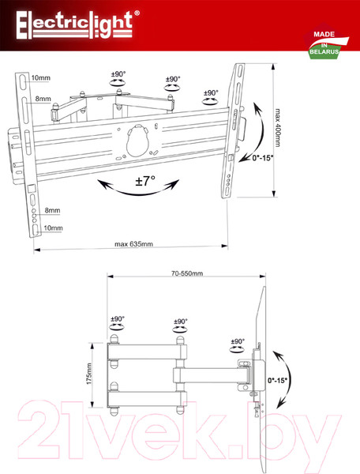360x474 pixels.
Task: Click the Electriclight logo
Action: pos(77,24)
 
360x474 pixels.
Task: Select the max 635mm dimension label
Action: pos(133,243)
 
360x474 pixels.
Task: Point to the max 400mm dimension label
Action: pos(277,127)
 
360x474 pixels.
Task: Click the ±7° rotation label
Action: pos(145,181)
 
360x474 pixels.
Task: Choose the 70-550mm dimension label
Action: pos(187,273)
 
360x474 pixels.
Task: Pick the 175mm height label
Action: pos(89,374)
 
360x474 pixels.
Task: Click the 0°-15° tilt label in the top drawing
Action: pos(263,158)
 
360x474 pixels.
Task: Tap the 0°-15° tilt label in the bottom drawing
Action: pos(277,380)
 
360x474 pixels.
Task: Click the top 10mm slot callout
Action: pos(41,77)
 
